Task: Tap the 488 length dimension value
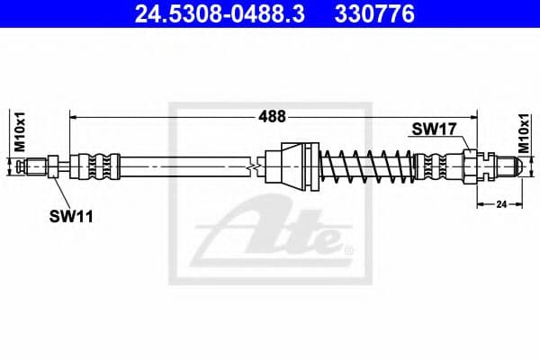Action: point(273,116)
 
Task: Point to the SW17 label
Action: point(429,129)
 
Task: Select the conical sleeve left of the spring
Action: point(296,166)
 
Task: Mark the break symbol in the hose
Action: point(258,166)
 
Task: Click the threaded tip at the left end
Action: point(35,166)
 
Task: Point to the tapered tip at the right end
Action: point(509,166)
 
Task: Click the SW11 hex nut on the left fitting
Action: point(53,166)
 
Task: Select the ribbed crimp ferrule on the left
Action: point(97,166)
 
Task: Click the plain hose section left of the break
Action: point(180,166)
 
